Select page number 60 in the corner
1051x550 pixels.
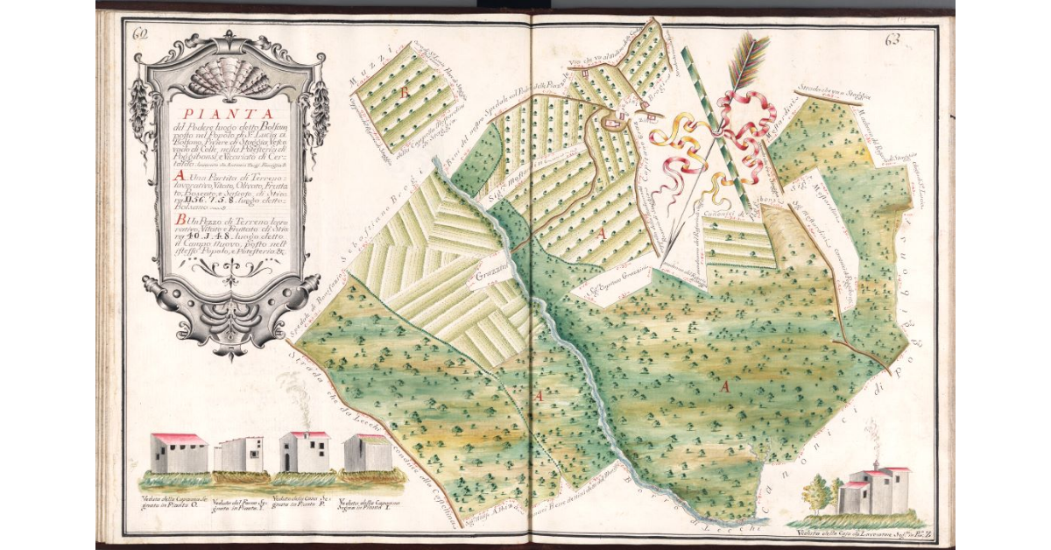[x=138, y=35]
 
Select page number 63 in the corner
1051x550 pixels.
[x=893, y=39]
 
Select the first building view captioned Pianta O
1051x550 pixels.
[x=179, y=453]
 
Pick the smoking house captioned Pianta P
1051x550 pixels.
[x=304, y=452]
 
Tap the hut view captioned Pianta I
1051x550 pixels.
[x=367, y=454]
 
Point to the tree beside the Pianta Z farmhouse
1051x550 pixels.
[x=818, y=494]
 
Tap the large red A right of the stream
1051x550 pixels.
[x=725, y=385]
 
